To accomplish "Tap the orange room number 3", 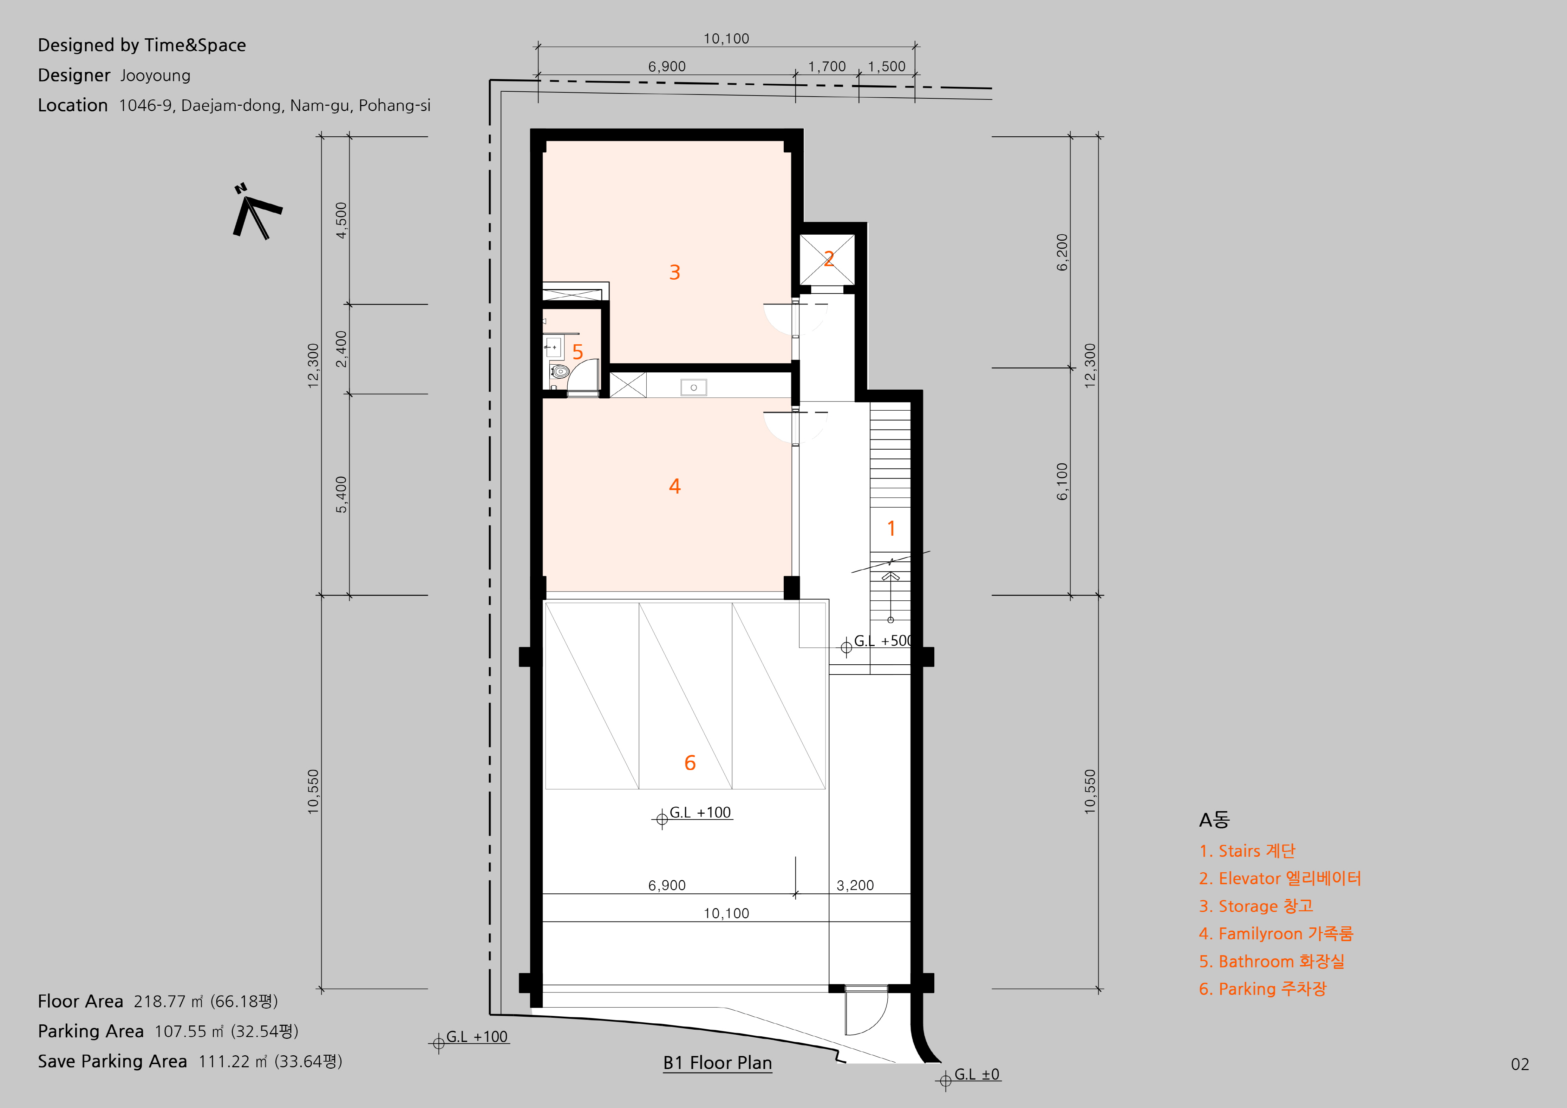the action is coord(674,272).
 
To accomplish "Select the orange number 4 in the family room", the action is coord(674,486).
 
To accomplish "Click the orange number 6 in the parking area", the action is coord(690,763).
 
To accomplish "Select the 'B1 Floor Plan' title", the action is coord(717,1063).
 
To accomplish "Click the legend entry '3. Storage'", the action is coord(1256,906).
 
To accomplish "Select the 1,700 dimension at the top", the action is coord(827,66).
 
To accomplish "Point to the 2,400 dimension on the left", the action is coord(341,349).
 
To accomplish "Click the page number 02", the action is coord(1520,1064).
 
